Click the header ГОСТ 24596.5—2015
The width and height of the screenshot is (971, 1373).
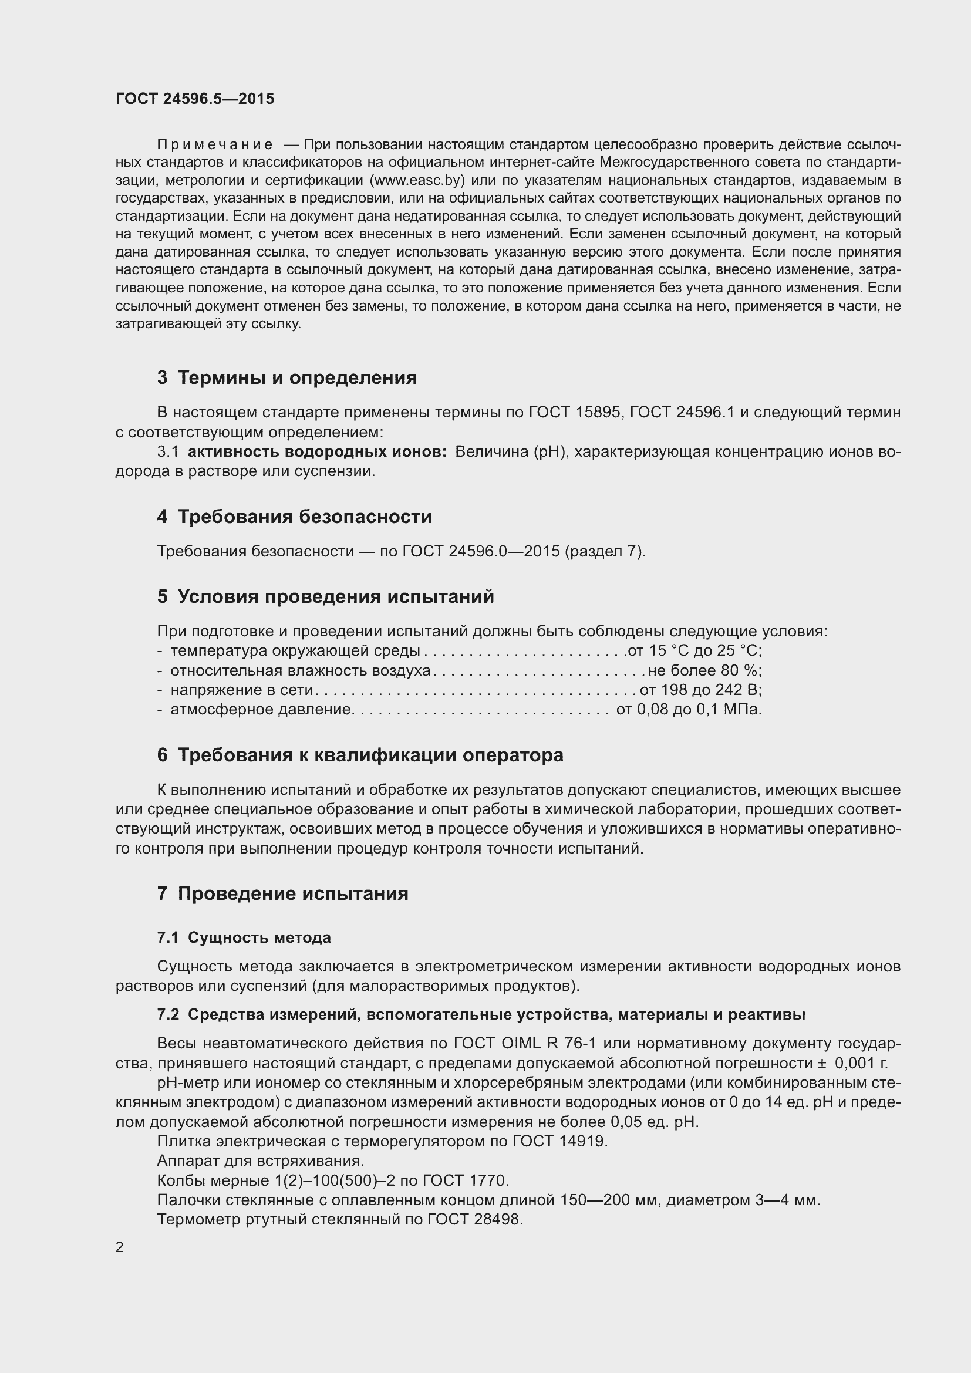195,99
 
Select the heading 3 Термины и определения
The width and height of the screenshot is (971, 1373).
287,378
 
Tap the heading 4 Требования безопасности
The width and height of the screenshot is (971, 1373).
294,517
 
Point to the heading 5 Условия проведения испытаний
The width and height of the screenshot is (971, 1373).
325,597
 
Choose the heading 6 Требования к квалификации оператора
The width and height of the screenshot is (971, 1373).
360,755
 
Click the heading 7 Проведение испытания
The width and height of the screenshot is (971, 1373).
283,894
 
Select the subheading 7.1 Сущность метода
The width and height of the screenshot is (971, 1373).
244,937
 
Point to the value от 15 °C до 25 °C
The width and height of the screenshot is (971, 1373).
694,650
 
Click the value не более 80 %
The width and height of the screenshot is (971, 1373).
705,670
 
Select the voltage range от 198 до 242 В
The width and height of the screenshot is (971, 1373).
701,690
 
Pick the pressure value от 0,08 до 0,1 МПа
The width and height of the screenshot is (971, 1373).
689,710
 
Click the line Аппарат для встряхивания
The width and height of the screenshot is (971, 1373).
261,1161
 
